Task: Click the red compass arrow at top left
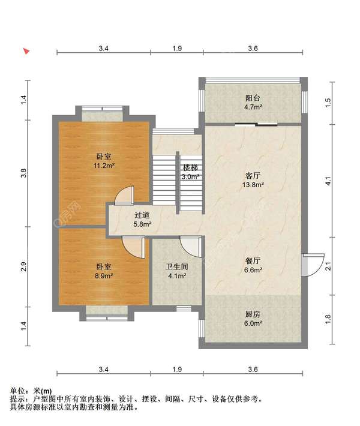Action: pos(26,51)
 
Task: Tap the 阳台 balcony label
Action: pos(253,98)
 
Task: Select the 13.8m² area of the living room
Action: pos(253,185)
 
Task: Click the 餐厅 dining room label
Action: pos(253,261)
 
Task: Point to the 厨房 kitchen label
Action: pos(253,314)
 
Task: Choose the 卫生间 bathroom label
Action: pos(177,267)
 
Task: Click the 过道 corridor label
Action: pos(142,215)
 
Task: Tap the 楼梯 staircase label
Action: pos(190,167)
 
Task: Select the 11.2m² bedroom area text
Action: pos(104,166)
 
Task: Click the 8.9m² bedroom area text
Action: pos(104,276)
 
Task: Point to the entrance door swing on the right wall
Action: pos(313,265)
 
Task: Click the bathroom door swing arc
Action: pos(191,246)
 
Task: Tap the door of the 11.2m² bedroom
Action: pos(124,195)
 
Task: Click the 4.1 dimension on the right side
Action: pos(328,181)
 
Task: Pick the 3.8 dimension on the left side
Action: pos(24,173)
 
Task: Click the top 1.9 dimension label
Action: pos(177,49)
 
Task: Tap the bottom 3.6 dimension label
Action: pos(253,370)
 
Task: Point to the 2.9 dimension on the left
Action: pos(24,266)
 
